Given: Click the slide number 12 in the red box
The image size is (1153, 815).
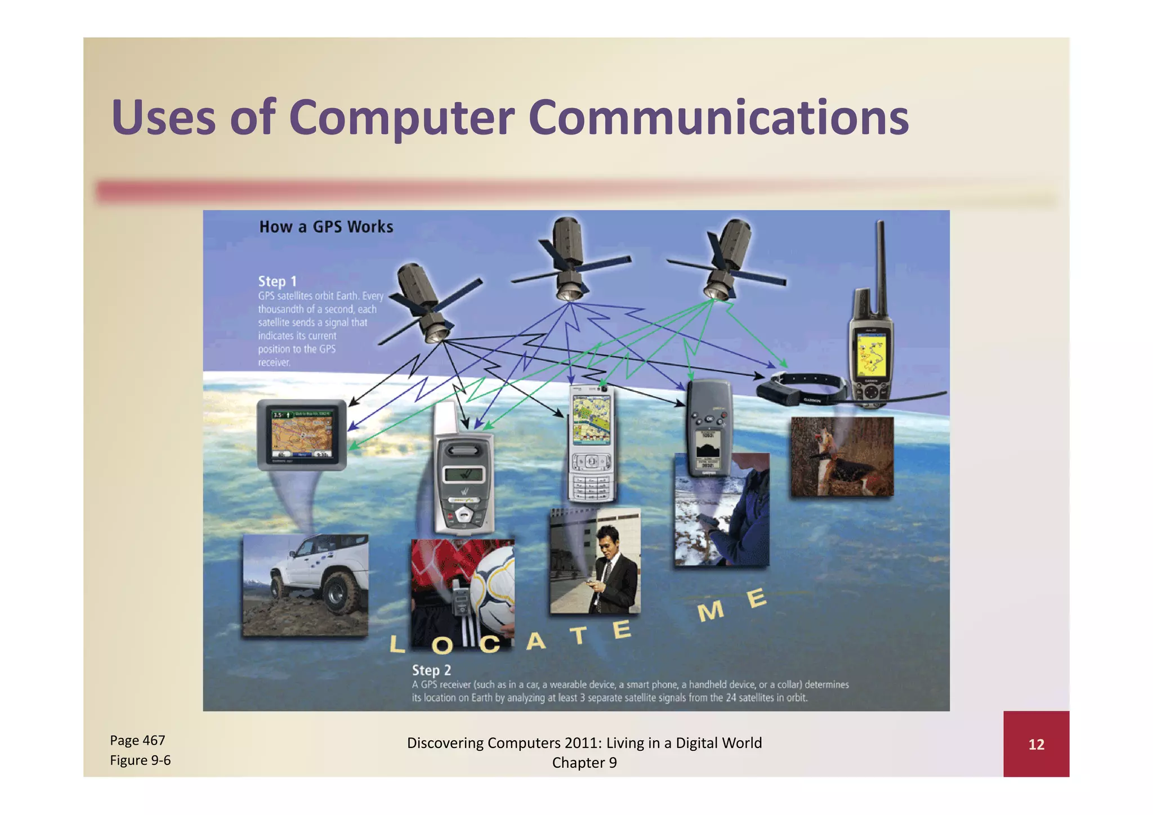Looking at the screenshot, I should (1036, 744).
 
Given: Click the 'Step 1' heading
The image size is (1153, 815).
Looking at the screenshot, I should (277, 281).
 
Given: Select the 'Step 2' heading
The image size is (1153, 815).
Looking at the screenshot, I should (431, 670).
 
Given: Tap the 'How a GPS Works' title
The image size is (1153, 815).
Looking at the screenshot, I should (326, 226).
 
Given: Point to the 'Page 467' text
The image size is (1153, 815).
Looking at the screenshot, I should (137, 740).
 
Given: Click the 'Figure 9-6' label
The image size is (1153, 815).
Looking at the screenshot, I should (140, 760).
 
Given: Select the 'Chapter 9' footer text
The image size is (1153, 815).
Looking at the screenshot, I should (584, 763).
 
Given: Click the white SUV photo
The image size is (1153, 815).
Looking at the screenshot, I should (306, 585).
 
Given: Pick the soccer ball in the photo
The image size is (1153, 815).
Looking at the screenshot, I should (493, 591).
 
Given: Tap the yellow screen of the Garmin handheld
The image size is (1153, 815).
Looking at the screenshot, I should (871, 353).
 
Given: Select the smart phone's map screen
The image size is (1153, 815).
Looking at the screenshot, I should (591, 419).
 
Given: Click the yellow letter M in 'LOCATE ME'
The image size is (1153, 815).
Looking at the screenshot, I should (710, 611).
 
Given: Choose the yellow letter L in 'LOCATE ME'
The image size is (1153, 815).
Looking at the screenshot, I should (397, 644).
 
